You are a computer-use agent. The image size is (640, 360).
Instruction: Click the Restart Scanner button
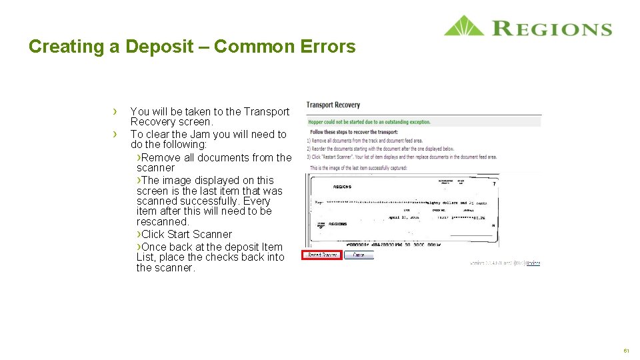pyautogui.click(x=322, y=255)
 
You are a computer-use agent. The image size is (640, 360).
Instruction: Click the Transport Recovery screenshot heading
pyautogui.click(x=333, y=105)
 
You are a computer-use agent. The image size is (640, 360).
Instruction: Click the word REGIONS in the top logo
pyautogui.click(x=552, y=29)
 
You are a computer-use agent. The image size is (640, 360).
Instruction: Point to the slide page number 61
pyautogui.click(x=626, y=351)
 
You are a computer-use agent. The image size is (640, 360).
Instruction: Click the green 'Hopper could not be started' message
pyautogui.click(x=369, y=122)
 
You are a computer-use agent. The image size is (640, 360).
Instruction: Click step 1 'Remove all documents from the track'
pyautogui.click(x=365, y=141)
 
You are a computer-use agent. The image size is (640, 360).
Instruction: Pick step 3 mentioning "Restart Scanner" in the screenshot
pyautogui.click(x=401, y=157)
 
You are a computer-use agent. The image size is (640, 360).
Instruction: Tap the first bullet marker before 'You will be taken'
pyautogui.click(x=115, y=111)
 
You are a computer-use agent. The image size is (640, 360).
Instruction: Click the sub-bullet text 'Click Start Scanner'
pyautogui.click(x=186, y=234)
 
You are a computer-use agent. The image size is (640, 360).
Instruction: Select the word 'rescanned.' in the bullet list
pyautogui.click(x=163, y=221)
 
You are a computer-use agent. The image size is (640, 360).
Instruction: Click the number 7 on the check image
pyautogui.click(x=493, y=184)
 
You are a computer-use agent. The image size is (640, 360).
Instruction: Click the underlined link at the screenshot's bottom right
pyautogui.click(x=533, y=263)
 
